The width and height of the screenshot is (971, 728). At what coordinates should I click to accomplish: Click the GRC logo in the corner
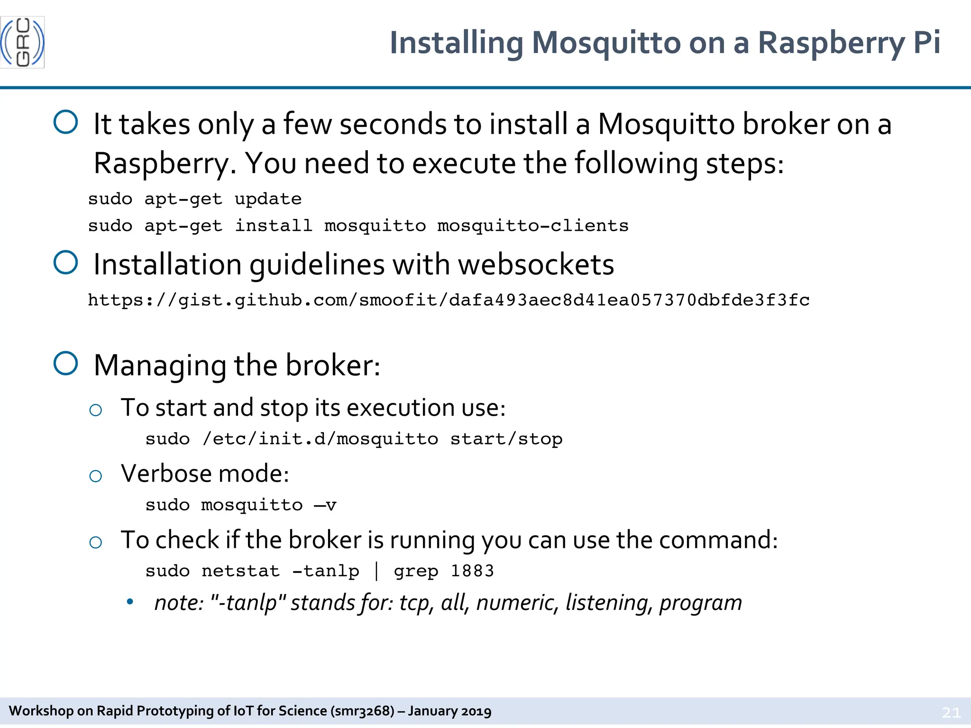coord(22,42)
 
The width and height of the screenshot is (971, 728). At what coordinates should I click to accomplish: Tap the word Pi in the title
coord(926,43)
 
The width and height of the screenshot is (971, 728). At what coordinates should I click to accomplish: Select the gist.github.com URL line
coord(449,300)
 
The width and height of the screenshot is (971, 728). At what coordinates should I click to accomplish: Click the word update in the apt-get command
coord(268,199)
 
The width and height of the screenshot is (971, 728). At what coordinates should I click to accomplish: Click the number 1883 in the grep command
coord(472,571)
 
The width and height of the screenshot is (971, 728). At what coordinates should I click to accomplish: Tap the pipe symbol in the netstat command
coord(376,571)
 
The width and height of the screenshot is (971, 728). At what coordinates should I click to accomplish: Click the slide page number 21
coord(951,712)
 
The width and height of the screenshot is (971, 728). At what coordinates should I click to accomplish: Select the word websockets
coord(536,264)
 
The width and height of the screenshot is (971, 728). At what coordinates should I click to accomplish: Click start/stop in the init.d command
coord(506,439)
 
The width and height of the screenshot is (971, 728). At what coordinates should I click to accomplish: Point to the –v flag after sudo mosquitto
coord(325,505)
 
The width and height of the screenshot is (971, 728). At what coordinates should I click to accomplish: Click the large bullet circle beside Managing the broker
coord(66,364)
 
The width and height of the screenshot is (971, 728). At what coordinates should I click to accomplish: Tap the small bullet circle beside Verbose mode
coord(96,476)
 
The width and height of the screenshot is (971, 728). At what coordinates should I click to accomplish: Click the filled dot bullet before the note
coord(130,602)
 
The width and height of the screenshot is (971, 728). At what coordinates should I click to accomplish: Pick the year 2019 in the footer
coord(476,711)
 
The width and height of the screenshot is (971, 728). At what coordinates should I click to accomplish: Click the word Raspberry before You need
coord(161,164)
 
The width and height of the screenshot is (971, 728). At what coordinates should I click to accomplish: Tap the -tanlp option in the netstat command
coord(326,571)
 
